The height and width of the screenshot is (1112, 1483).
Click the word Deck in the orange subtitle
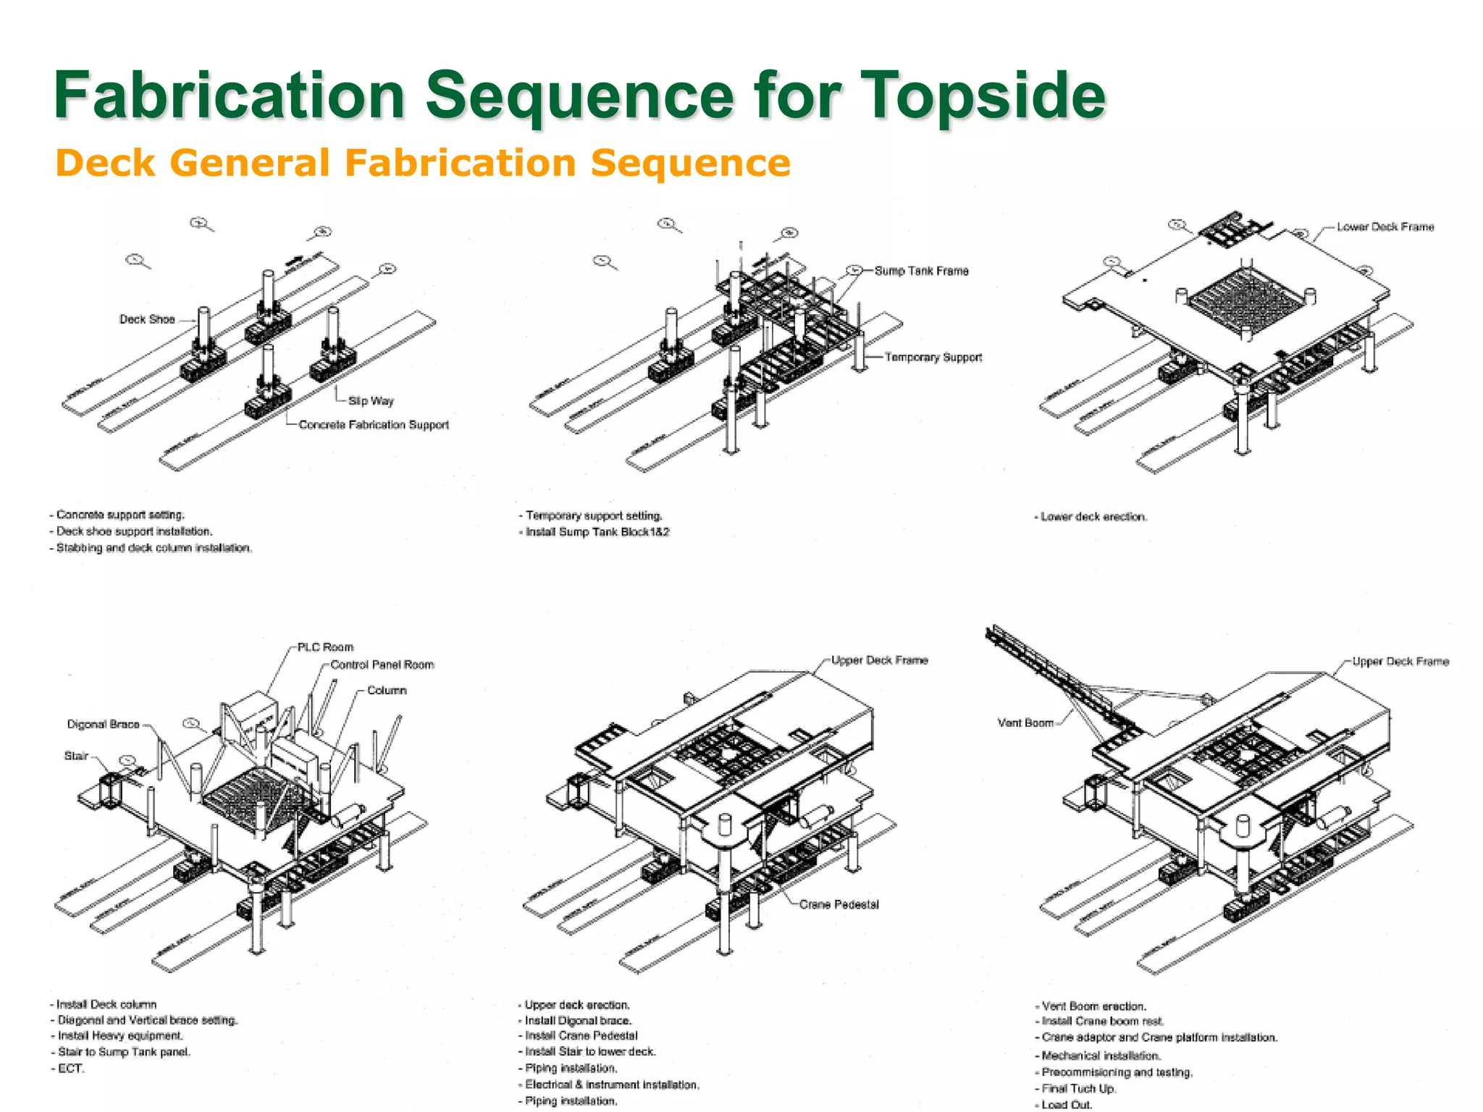[x=105, y=163]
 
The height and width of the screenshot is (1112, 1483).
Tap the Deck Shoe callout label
[x=147, y=319]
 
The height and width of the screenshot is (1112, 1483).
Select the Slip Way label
[x=371, y=400]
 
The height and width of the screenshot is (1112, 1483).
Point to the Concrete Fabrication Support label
[x=374, y=425]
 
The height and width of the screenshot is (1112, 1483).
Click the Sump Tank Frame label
[x=921, y=271]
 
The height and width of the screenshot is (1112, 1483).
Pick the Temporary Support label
[x=933, y=357]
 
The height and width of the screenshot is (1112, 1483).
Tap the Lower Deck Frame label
[x=1385, y=227]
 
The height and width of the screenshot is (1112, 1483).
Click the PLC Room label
[x=325, y=647]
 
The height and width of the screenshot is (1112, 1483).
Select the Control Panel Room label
[x=382, y=665]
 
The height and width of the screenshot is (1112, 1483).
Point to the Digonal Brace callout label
[x=103, y=724]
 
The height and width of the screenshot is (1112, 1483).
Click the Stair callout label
[x=76, y=756]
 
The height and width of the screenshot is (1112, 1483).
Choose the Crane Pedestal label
[x=839, y=904]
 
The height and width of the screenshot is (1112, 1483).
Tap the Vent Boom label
[x=1025, y=723]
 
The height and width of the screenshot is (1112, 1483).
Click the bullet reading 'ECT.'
[x=70, y=1069]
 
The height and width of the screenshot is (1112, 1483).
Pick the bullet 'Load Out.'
[x=1066, y=1105]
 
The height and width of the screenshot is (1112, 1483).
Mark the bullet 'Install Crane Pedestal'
[x=581, y=1036]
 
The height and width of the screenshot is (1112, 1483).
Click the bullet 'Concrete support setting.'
[x=119, y=515]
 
